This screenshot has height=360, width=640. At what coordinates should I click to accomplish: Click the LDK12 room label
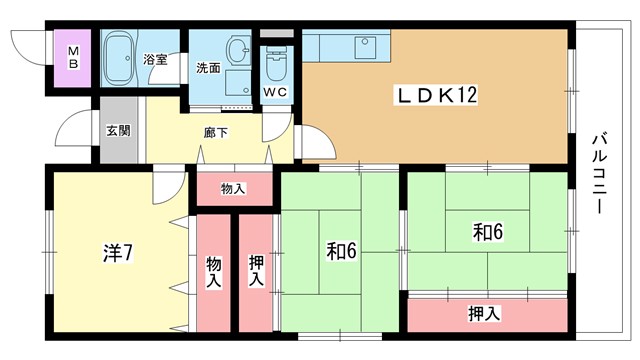(436, 95)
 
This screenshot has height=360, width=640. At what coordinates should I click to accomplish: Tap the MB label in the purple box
(73, 58)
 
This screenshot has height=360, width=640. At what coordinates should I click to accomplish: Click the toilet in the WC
(276, 64)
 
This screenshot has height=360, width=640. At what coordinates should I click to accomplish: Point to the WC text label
(275, 92)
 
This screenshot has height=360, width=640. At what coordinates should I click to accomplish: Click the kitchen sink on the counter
(366, 47)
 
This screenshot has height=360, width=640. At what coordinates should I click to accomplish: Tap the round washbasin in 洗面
(238, 50)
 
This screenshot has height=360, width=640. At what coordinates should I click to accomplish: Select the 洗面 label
(208, 68)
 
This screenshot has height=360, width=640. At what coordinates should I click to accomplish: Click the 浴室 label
(155, 59)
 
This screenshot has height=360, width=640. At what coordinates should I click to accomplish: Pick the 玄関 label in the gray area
(118, 131)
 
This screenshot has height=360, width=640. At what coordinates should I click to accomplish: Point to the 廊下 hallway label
(216, 133)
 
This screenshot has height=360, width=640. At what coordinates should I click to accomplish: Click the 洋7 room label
(118, 253)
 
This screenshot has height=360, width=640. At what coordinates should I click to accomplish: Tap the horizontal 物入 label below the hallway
(233, 189)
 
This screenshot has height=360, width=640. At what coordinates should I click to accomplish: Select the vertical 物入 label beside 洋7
(213, 272)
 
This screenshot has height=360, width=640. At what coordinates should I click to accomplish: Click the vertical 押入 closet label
(256, 271)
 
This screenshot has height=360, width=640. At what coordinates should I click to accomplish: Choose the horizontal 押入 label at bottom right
(484, 314)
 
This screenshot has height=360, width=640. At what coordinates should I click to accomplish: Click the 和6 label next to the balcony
(488, 231)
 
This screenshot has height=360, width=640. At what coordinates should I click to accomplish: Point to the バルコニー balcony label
(600, 173)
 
